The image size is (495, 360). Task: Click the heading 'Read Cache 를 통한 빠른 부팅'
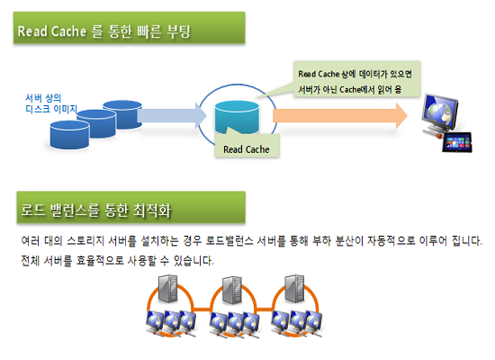point(103,31)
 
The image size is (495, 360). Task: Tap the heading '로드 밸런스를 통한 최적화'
point(96,211)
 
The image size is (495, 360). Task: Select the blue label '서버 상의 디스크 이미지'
point(51,103)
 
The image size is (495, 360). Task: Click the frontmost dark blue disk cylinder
point(69,134)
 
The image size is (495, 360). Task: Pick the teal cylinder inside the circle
point(237,117)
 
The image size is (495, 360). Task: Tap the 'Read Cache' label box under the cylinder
point(247,149)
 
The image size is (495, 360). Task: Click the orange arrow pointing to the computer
point(340,115)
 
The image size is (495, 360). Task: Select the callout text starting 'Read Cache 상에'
point(355,82)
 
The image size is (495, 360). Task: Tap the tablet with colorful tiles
point(456,142)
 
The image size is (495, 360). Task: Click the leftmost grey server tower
point(167,289)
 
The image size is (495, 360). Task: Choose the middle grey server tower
point(231,291)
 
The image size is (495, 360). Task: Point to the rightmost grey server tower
point(294,289)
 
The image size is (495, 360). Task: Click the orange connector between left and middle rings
point(202,310)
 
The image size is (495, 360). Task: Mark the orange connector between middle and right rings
point(265,310)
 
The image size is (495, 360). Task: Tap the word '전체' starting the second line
point(31,260)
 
